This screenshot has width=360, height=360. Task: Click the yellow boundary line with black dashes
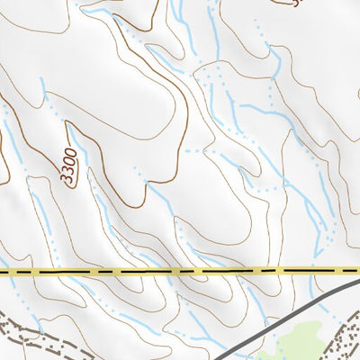click(x=180, y=270)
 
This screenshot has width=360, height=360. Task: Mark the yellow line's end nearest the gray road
click(x=358, y=270)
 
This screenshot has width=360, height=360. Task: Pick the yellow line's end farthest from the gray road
click(x=2, y=270)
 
